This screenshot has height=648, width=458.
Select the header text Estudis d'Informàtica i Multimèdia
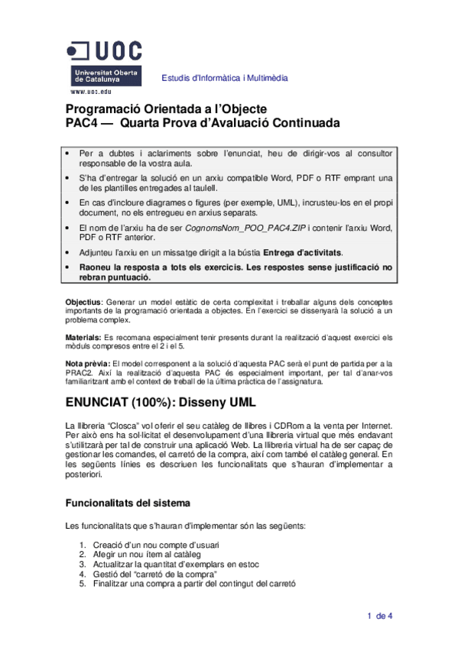(x=224, y=78)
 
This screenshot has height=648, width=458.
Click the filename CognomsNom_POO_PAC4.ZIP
(x=241, y=227)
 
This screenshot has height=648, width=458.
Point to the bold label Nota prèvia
(x=87, y=362)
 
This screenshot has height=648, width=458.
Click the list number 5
(x=82, y=583)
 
